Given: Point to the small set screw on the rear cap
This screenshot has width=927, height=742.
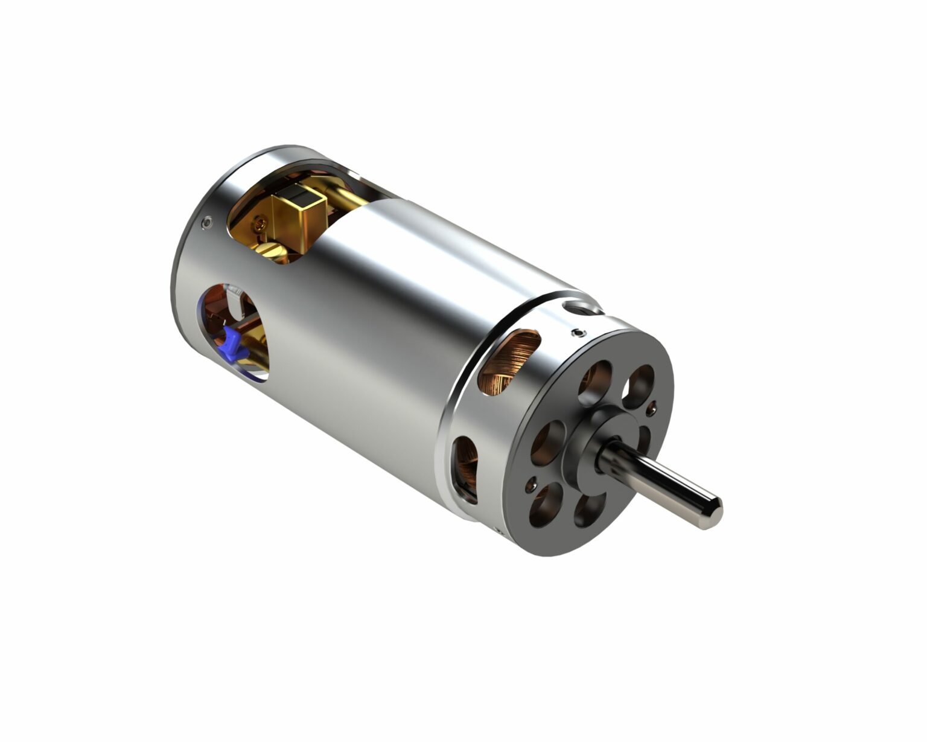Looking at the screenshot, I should point(208,223).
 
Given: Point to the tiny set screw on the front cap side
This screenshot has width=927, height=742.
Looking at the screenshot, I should point(579,333).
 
